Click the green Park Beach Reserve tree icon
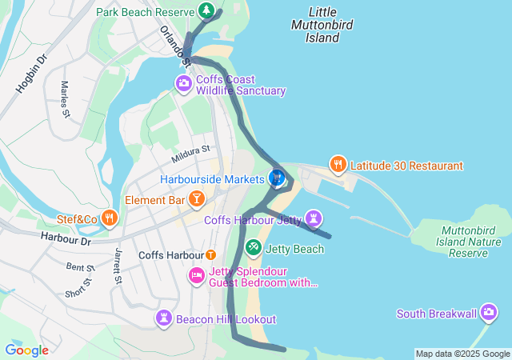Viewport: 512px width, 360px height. click(206, 11)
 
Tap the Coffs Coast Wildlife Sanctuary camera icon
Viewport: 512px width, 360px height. click(184, 82)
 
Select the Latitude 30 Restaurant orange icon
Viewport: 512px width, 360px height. click(338, 165)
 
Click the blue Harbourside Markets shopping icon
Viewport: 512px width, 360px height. click(278, 178)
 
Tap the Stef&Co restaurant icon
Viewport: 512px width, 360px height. click(110, 218)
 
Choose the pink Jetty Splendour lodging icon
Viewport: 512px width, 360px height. click(197, 276)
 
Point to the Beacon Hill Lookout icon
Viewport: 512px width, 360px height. click(165, 318)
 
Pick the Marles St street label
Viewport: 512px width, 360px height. click(65, 98)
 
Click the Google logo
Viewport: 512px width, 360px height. click(26, 350)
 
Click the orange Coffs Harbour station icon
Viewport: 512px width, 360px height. click(210, 255)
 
